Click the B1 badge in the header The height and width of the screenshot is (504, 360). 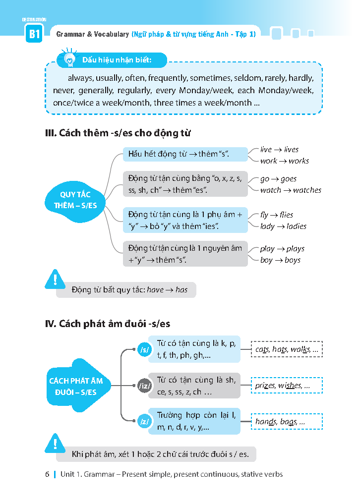[x=34, y=35]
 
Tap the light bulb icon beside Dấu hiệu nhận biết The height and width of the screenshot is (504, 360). [x=69, y=58]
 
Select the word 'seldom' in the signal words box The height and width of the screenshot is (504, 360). [x=243, y=78]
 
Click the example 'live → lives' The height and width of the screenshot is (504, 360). [x=279, y=149]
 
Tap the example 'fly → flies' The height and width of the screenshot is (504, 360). [x=277, y=215]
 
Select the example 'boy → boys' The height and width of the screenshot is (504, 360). [x=280, y=260]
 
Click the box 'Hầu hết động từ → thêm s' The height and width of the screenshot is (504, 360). [x=185, y=154]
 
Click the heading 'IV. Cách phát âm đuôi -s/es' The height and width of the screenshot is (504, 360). [x=108, y=324]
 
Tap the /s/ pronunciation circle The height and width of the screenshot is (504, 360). [x=145, y=350]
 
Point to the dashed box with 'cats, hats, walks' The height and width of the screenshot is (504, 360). [x=287, y=350]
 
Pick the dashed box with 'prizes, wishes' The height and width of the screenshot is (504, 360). [x=287, y=386]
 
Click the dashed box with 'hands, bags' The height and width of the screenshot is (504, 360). [x=287, y=422]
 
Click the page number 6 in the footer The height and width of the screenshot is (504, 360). [x=47, y=474]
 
